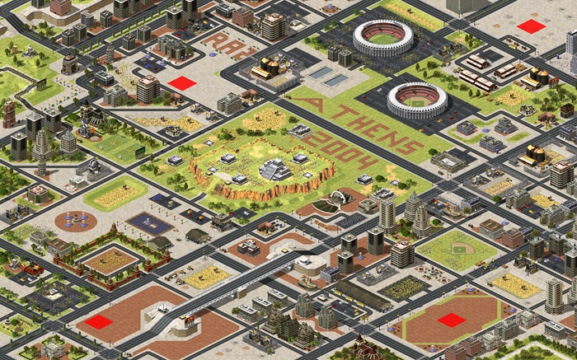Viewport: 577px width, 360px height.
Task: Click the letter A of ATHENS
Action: [x=308, y=105]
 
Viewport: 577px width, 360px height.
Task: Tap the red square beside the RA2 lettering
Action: [x=182, y=82]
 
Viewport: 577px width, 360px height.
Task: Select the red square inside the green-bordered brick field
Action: [x=451, y=320]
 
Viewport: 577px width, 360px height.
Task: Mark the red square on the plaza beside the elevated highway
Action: [x=98, y=321]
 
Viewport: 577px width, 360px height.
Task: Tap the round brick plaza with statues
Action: [x=76, y=221]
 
